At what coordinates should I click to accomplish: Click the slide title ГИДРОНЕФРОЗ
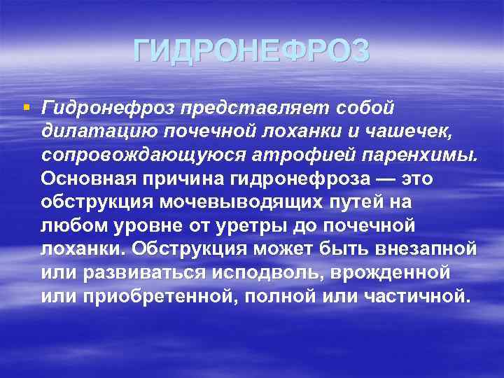tap(251, 51)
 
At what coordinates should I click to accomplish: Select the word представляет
tap(255, 108)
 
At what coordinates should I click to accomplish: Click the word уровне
tap(139, 225)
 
